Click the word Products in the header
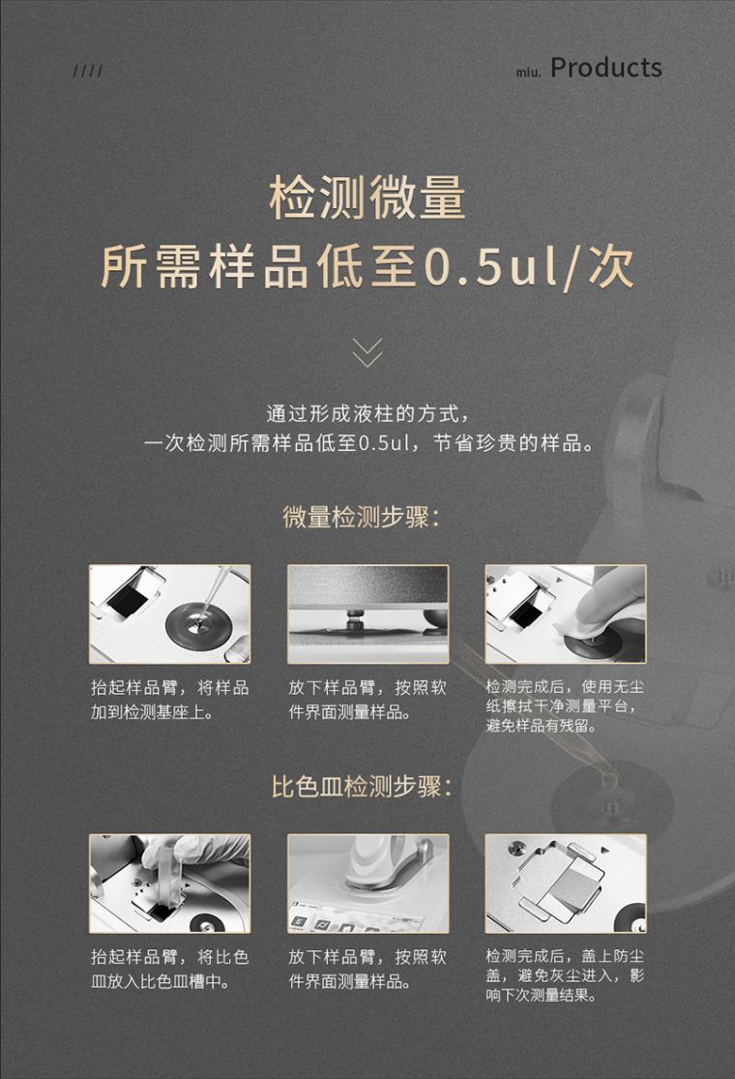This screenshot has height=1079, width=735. click(605, 68)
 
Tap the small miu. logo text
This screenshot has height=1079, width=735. click(529, 72)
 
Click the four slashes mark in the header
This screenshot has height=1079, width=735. click(88, 71)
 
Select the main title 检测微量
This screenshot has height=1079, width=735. click(367, 197)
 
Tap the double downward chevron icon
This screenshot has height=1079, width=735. click(367, 352)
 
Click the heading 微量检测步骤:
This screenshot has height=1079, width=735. click(361, 518)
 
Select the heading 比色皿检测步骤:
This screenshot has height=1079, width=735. click(362, 787)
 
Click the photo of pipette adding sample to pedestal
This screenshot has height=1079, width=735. click(170, 614)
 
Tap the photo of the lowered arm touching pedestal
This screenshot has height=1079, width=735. click(367, 614)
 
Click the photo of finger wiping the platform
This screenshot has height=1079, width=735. click(566, 614)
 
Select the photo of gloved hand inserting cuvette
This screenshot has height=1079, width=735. click(170, 884)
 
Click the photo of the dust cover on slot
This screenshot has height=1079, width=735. click(566, 884)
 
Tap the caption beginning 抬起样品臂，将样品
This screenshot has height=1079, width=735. click(170, 699)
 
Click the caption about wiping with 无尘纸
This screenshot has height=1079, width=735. click(565, 706)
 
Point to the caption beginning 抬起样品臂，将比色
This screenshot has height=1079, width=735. click(170, 969)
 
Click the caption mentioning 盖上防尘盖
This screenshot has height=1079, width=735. click(565, 975)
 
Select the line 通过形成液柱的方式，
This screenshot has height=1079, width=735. click(368, 413)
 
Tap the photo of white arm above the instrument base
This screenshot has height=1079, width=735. click(367, 884)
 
